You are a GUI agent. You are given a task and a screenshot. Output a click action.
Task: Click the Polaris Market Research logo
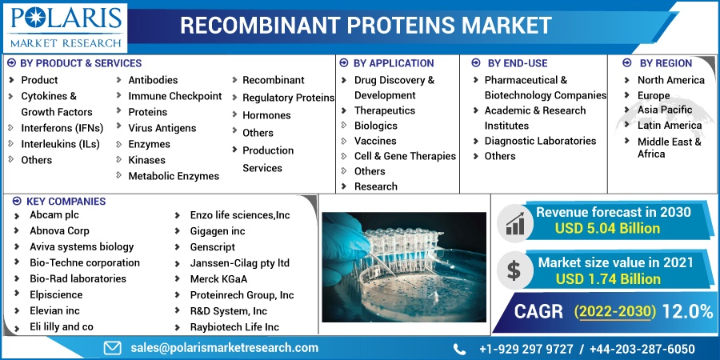pyautogui.click(x=66, y=26)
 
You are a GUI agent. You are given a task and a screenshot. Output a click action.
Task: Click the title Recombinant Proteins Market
pyautogui.click(x=366, y=26)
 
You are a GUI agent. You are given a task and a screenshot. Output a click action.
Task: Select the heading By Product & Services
pyautogui.click(x=81, y=63)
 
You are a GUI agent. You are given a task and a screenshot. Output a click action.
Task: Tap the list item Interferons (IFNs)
pyautogui.click(x=62, y=128)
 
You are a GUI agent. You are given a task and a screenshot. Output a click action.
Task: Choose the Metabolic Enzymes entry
pyautogui.click(x=174, y=176)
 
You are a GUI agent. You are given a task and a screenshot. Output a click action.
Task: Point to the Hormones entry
pyautogui.click(x=266, y=115)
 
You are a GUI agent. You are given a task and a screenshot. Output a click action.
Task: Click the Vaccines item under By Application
pyautogui.click(x=374, y=141)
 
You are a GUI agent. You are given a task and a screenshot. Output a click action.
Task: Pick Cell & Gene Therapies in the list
pyautogui.click(x=405, y=156)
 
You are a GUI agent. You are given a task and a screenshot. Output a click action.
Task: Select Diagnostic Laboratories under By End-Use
pyautogui.click(x=540, y=141)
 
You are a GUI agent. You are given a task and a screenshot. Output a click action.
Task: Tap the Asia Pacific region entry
pyautogui.click(x=665, y=110)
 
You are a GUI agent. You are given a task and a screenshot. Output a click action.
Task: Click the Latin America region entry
pyautogui.click(x=670, y=126)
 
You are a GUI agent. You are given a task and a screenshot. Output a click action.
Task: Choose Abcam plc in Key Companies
pyautogui.click(x=54, y=214)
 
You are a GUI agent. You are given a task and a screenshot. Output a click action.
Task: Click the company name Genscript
pyautogui.click(x=213, y=247)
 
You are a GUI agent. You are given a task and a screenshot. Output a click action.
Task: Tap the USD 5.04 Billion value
pyautogui.click(x=607, y=228)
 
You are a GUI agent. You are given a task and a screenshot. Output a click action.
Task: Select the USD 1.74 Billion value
pyautogui.click(x=608, y=278)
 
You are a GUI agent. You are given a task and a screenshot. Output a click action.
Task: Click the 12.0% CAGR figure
pyautogui.click(x=687, y=312)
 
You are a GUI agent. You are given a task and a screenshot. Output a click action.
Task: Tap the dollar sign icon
pyautogui.click(x=514, y=270)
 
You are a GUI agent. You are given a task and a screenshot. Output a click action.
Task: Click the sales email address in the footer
pyautogui.click(x=224, y=348)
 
